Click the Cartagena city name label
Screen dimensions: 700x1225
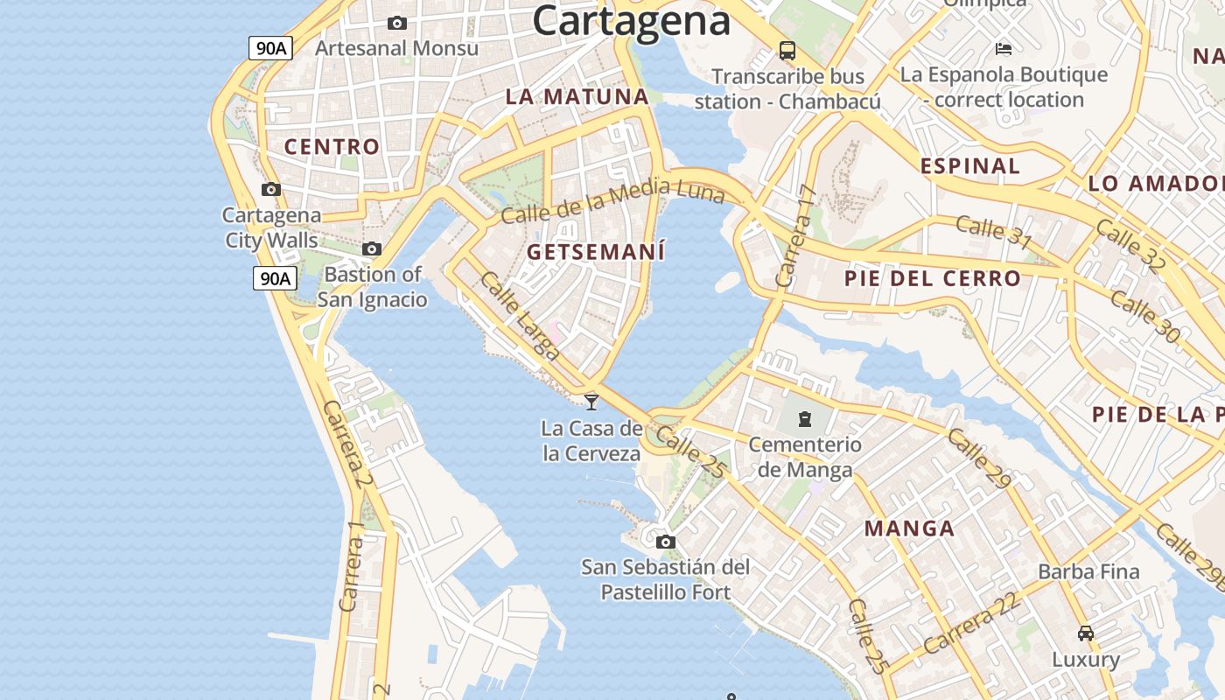(631, 19)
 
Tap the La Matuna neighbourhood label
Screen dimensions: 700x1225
(577, 97)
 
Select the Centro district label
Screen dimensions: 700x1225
(332, 147)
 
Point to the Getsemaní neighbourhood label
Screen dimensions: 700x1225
(596, 253)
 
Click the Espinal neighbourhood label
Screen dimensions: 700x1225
(969, 166)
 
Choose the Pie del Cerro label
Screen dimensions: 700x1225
(932, 279)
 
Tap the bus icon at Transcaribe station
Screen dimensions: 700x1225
(787, 51)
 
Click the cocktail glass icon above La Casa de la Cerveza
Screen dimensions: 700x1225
(591, 402)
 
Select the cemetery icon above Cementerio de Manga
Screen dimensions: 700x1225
(805, 418)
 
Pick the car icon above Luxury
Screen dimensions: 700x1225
(1085, 633)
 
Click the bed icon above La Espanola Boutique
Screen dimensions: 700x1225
(1004, 49)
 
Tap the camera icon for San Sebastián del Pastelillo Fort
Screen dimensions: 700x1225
(666, 542)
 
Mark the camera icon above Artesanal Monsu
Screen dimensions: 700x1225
(396, 24)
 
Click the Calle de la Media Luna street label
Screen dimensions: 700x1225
(612, 200)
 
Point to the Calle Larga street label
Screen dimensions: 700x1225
(520, 316)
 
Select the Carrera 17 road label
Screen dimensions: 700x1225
(795, 237)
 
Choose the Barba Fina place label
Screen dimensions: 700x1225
(1088, 572)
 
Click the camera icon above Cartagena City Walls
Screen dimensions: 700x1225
(271, 189)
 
